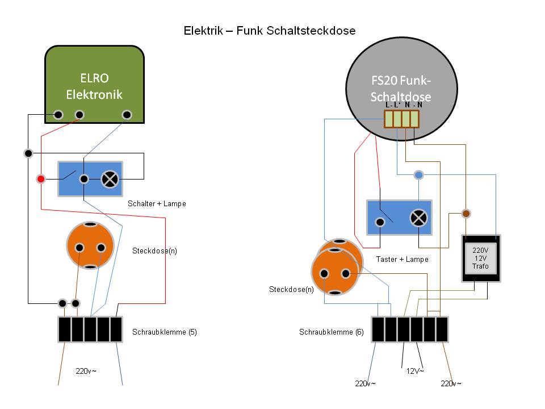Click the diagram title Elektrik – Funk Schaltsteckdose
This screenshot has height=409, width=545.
[x=269, y=31]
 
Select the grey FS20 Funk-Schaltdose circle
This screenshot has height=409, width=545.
[x=401, y=88]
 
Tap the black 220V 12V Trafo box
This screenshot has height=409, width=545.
[x=480, y=258]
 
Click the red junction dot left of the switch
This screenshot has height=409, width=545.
[x=40, y=180]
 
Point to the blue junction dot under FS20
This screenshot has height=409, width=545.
[x=418, y=175]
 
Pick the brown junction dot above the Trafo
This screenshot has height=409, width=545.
[x=466, y=214]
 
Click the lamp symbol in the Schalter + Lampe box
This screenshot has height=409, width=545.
[x=109, y=180]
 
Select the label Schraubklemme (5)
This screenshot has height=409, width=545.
[x=164, y=332]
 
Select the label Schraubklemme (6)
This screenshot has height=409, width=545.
[x=331, y=332]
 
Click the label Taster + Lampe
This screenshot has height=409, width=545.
[x=402, y=259]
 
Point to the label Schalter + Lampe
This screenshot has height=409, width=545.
[x=157, y=203]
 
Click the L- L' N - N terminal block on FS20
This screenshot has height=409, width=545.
[x=401, y=118]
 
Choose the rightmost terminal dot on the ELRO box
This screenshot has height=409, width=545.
[x=127, y=115]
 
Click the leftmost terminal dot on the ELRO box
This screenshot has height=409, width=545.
[x=58, y=115]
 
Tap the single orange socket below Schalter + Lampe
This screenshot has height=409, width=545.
[x=90, y=245]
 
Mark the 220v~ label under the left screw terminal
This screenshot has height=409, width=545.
[x=86, y=372]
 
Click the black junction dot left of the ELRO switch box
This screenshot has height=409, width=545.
[x=29, y=153]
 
